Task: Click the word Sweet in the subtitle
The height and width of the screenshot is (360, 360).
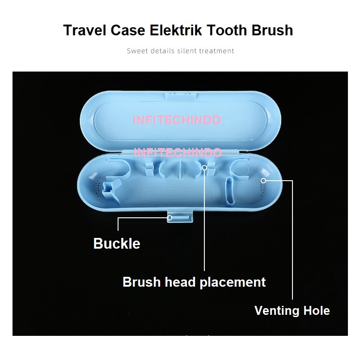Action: click(136, 51)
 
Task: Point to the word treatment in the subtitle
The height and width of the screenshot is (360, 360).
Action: click(217, 51)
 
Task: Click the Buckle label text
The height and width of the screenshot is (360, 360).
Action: click(117, 244)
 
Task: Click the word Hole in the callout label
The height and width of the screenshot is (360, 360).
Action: click(318, 310)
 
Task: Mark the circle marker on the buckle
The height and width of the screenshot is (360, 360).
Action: click(170, 218)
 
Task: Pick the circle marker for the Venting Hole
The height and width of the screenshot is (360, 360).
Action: click(264, 181)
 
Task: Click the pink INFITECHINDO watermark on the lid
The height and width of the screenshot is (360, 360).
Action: click(177, 120)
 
